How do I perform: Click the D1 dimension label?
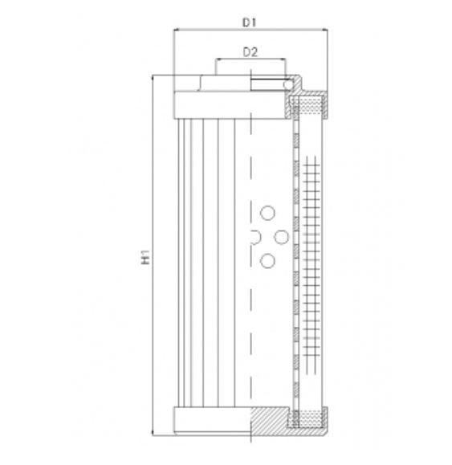click(x=250, y=22)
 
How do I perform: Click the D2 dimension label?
click(x=250, y=53)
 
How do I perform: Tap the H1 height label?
click(x=146, y=257)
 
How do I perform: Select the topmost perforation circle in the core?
click(x=267, y=212)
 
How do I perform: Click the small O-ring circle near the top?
click(x=289, y=82)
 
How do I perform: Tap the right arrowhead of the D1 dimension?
click(x=325, y=31)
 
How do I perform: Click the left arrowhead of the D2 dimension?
click(x=216, y=61)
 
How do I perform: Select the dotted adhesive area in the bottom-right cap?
click(x=308, y=418)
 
